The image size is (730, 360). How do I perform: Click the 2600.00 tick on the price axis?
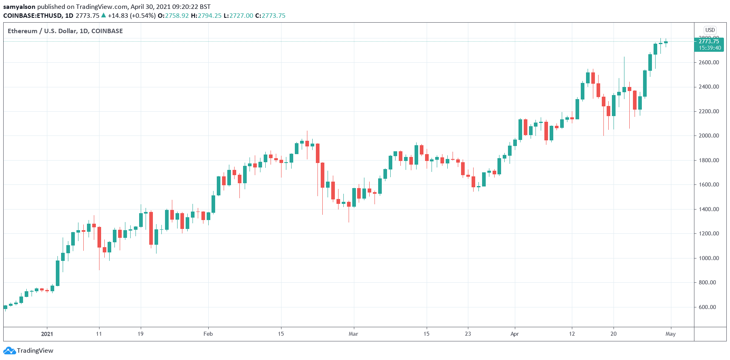709,62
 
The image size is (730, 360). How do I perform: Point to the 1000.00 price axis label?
709,258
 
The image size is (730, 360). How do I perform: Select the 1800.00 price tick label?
709,160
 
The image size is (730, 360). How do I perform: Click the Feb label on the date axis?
208,334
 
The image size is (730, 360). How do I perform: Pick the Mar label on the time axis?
353,334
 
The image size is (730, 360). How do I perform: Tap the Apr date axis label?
514,334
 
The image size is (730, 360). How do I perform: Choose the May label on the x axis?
671,334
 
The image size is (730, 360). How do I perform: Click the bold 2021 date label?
47,334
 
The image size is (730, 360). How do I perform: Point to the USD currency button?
710,30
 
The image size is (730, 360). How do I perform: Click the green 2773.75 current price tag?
709,41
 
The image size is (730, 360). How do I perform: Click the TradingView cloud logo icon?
10,351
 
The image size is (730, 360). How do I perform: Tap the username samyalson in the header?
19,7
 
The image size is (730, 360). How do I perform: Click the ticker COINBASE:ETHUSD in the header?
33,16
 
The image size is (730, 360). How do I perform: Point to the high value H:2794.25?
206,16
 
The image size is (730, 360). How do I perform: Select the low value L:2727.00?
238,16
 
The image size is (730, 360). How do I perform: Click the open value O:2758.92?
173,16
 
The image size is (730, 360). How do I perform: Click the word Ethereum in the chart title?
22,31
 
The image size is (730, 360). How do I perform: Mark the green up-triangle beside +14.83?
104,15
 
